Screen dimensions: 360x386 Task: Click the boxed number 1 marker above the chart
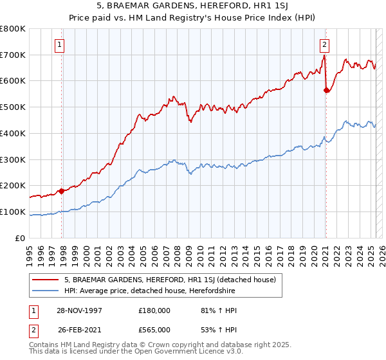[x=59, y=45]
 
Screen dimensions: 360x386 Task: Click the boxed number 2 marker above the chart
[x=324, y=45]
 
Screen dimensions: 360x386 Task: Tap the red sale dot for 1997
[x=62, y=190]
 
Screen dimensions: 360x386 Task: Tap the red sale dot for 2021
[x=326, y=90]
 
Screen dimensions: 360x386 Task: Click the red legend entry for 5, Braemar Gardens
[x=170, y=280]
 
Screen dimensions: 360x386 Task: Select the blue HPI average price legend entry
[x=149, y=291]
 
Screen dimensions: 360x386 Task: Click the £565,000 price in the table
[x=154, y=330]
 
